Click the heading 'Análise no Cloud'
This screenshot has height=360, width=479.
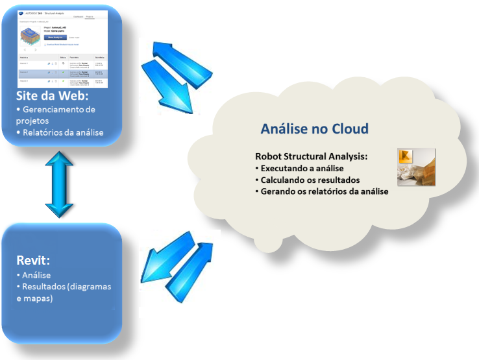tap(314, 128)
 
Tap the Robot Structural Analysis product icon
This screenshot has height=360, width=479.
tap(416, 168)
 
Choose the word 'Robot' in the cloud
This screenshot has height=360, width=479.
tap(269, 157)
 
